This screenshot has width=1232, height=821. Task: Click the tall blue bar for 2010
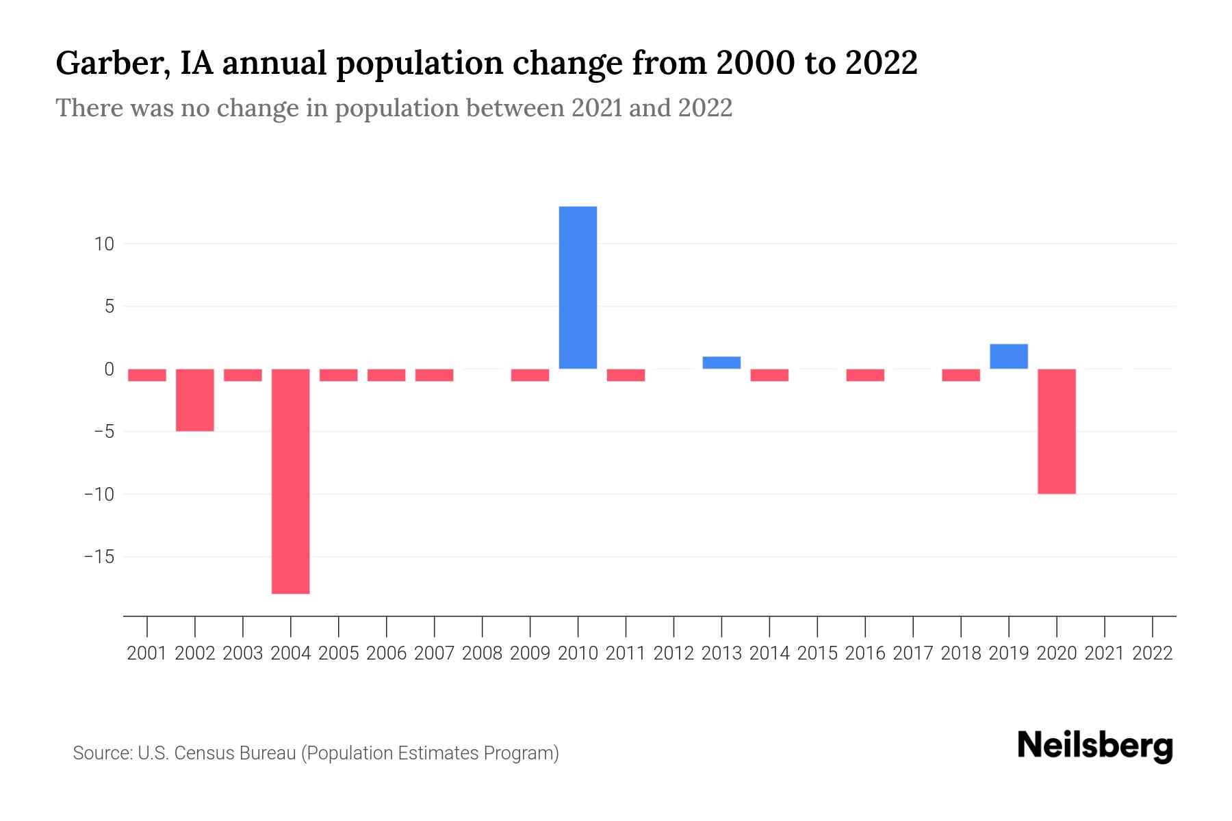(x=578, y=287)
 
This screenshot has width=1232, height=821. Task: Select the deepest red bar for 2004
(x=291, y=481)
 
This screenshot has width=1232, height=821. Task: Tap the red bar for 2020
(x=1057, y=431)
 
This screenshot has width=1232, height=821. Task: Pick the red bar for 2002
(x=195, y=400)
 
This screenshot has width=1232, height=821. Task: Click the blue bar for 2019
(x=1009, y=356)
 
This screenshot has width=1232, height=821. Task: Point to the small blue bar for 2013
(x=721, y=363)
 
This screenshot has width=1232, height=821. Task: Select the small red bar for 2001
(x=147, y=375)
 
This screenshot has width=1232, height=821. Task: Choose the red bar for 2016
(x=865, y=375)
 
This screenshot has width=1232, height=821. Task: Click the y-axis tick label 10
(x=105, y=244)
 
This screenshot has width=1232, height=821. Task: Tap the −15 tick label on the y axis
(x=99, y=557)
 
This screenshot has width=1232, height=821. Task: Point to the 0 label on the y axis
(x=109, y=369)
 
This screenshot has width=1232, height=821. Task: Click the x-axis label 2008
(x=482, y=653)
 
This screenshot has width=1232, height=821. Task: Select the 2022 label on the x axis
(x=1153, y=653)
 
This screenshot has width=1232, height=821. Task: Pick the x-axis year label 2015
(x=817, y=653)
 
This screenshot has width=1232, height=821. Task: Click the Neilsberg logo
(x=1095, y=746)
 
